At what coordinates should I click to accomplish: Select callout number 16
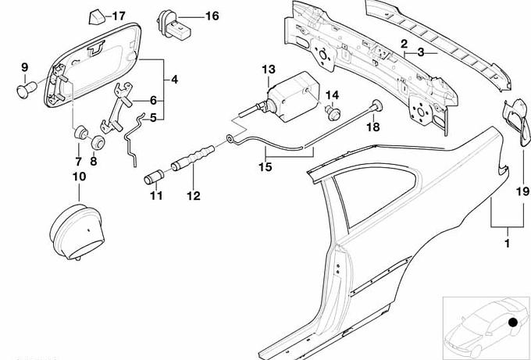pos(191,16)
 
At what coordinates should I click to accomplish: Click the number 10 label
pos(79,177)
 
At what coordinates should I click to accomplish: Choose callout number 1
pos(509,232)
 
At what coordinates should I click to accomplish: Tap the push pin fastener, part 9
pos(23,90)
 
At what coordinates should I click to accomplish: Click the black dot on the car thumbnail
pos(513,322)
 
